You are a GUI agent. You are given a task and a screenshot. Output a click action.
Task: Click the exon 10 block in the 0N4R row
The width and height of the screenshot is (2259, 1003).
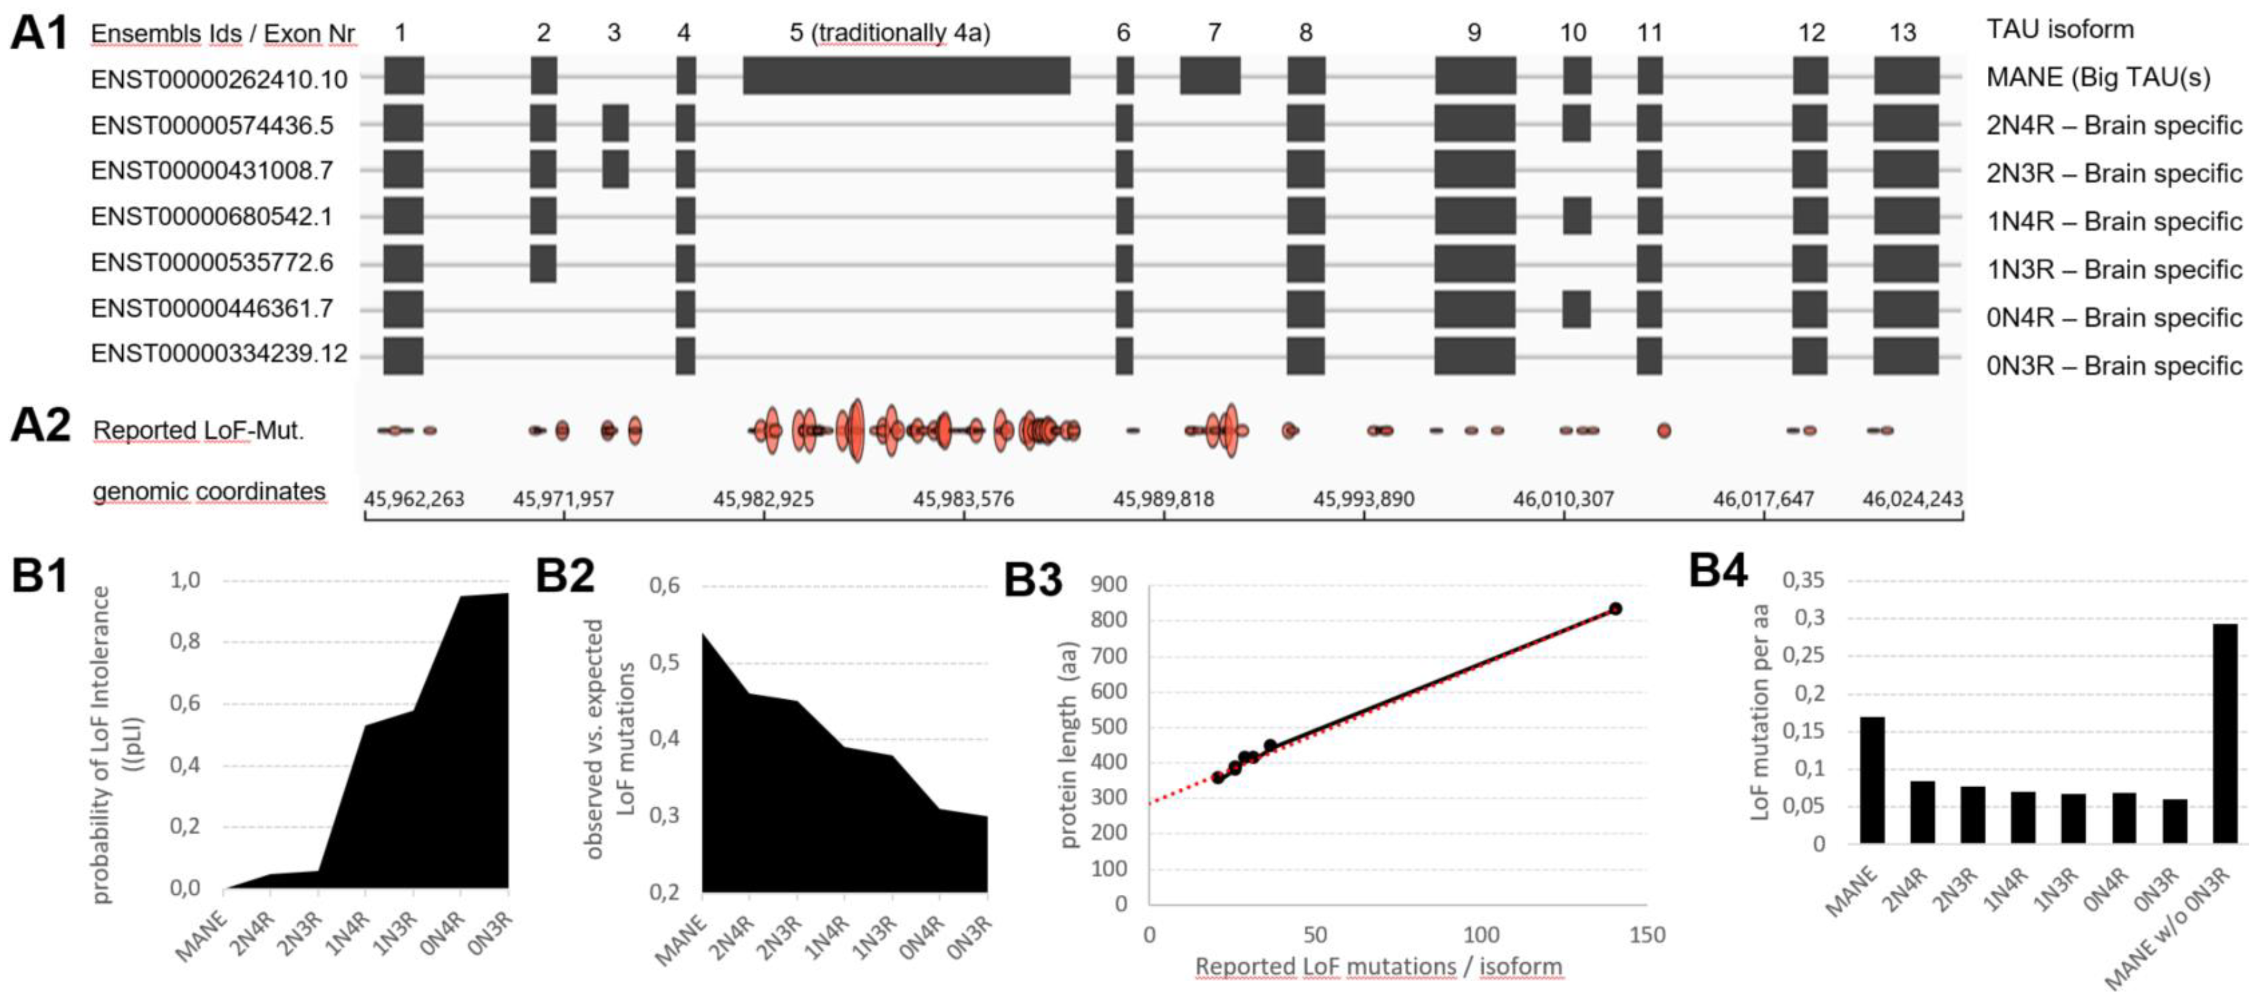[x=1576, y=309]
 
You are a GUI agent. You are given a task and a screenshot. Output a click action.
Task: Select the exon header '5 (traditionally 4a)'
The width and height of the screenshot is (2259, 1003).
[x=889, y=33]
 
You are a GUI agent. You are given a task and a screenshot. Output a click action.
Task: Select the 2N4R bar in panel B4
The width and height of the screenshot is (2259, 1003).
[x=1922, y=811]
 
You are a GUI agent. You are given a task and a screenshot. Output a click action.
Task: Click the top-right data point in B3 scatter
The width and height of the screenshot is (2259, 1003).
[x=1615, y=608]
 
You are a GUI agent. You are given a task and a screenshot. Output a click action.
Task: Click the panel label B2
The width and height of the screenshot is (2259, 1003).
[x=565, y=577]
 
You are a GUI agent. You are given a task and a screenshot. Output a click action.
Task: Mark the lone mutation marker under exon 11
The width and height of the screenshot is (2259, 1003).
[x=1664, y=430]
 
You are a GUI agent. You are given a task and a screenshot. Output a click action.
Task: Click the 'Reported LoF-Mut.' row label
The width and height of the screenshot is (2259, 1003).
[x=198, y=430]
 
